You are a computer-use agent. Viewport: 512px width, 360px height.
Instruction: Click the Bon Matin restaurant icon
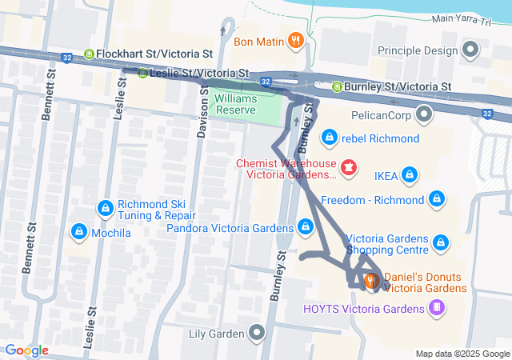295,39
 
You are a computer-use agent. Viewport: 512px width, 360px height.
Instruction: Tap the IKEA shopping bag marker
410,174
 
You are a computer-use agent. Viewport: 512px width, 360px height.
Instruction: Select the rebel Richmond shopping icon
328,138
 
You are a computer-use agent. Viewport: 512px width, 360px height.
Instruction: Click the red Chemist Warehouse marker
349,168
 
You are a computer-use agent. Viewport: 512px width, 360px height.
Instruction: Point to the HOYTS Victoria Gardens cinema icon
436,308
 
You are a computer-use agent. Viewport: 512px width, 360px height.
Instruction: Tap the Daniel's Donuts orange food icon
372,281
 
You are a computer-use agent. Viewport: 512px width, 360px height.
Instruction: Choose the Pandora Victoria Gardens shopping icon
305,227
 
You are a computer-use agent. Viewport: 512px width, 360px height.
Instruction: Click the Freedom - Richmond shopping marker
436,198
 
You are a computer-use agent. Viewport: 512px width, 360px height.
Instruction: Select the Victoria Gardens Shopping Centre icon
440,241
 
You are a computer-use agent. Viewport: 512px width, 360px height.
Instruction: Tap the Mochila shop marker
78,232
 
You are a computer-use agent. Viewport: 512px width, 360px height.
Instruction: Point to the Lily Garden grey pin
256,332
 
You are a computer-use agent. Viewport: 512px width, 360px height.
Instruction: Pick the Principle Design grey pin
470,51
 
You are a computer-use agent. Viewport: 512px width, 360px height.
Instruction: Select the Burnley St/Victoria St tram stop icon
338,86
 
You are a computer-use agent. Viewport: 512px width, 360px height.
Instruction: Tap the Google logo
26,350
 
